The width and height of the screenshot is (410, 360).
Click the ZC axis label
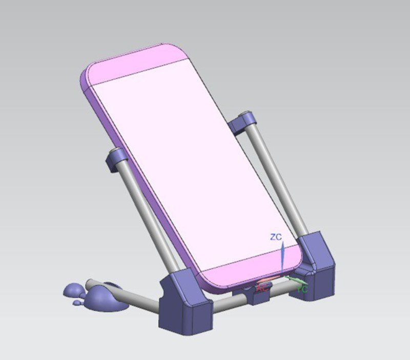click(x=276, y=237)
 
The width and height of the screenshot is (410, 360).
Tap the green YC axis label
click(x=302, y=289)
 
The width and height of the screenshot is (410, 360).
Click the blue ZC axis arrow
click(x=282, y=256)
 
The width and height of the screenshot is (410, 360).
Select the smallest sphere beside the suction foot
click(x=77, y=303)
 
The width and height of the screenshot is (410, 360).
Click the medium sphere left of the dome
click(x=74, y=290)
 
